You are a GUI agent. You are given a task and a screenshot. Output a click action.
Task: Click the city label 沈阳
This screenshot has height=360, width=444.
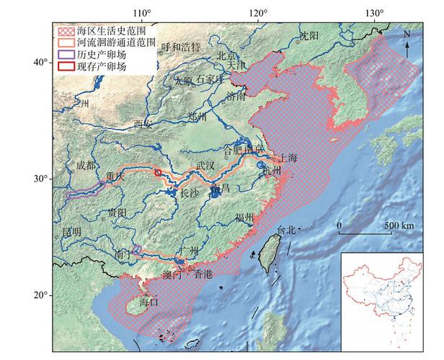click(308, 35)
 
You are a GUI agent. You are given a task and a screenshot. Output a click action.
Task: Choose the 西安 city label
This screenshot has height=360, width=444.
click(143, 124)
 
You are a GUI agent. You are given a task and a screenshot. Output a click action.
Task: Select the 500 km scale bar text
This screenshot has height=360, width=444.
click(399, 226)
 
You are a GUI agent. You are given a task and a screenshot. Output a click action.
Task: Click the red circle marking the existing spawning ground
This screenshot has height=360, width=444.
click(158, 174)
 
